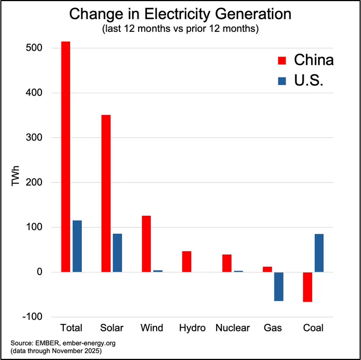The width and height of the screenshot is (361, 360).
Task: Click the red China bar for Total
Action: [x=66, y=157]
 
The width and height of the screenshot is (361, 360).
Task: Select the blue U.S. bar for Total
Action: [x=77, y=246]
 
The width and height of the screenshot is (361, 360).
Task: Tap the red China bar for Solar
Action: [x=106, y=194]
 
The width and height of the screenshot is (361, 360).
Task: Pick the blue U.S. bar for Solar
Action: [x=117, y=253]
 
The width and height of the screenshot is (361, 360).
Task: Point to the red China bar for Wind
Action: [x=147, y=244]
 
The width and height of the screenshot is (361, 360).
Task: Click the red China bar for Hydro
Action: [x=187, y=261]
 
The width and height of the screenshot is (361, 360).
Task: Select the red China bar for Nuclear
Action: [x=227, y=264]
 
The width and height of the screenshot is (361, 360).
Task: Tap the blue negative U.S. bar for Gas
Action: [x=279, y=286]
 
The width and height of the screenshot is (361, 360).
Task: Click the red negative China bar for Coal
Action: [x=307, y=287]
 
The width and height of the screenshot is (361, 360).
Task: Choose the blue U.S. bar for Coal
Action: [x=319, y=253]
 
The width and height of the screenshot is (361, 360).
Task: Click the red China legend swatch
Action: [x=282, y=60]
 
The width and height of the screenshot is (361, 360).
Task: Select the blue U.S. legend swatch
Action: [x=282, y=81]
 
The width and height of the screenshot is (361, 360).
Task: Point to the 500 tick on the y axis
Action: [x=34, y=48]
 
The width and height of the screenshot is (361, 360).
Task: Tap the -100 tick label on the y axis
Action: [x=32, y=317]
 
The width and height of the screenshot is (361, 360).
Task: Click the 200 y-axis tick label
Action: [x=34, y=182]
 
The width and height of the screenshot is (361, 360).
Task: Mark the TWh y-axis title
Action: [x=15, y=175]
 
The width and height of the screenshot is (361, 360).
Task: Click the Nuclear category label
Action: [x=233, y=328]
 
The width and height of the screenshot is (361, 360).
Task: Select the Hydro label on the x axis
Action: [x=192, y=328]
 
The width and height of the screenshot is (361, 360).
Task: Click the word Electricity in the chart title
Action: [x=177, y=14]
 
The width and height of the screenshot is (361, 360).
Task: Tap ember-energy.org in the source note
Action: [x=89, y=344]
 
